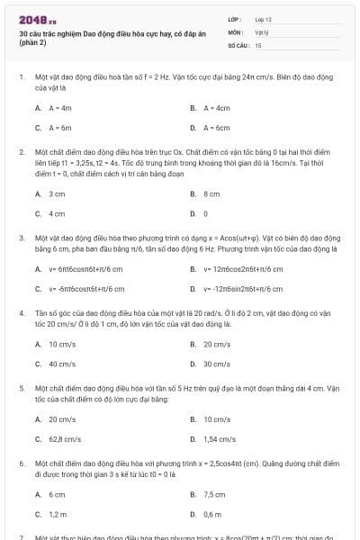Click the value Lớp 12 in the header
coord(263,18)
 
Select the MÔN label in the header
coord(236,31)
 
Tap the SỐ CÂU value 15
coord(258,44)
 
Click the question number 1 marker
coord(21,77)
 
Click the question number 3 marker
coord(21,237)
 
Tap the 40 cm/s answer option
coord(61,364)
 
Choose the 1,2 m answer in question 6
coord(58,514)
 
